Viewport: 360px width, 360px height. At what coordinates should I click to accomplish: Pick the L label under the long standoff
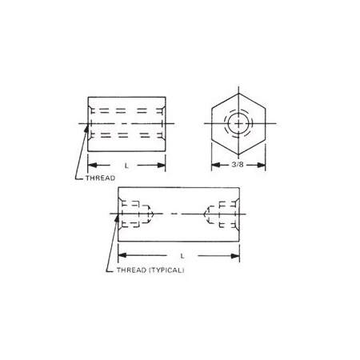click(182, 255)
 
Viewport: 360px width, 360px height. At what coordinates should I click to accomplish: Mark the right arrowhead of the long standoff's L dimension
click(238, 255)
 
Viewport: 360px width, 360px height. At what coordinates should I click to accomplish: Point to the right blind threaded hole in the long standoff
click(221, 214)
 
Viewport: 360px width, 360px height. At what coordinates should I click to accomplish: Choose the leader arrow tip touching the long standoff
click(120, 214)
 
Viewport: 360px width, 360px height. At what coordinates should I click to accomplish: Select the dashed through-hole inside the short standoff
click(126, 124)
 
